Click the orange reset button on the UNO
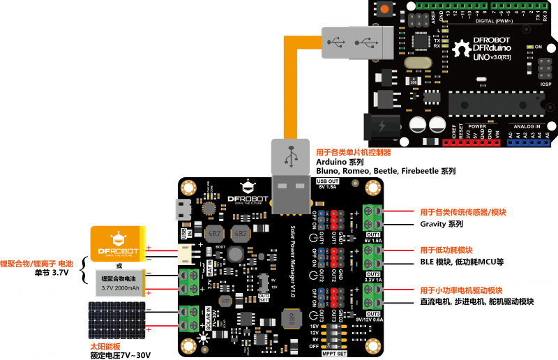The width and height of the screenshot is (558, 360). [x=384, y=9]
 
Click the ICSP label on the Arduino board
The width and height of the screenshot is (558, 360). [x=545, y=84]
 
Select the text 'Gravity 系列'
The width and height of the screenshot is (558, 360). [x=442, y=225]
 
